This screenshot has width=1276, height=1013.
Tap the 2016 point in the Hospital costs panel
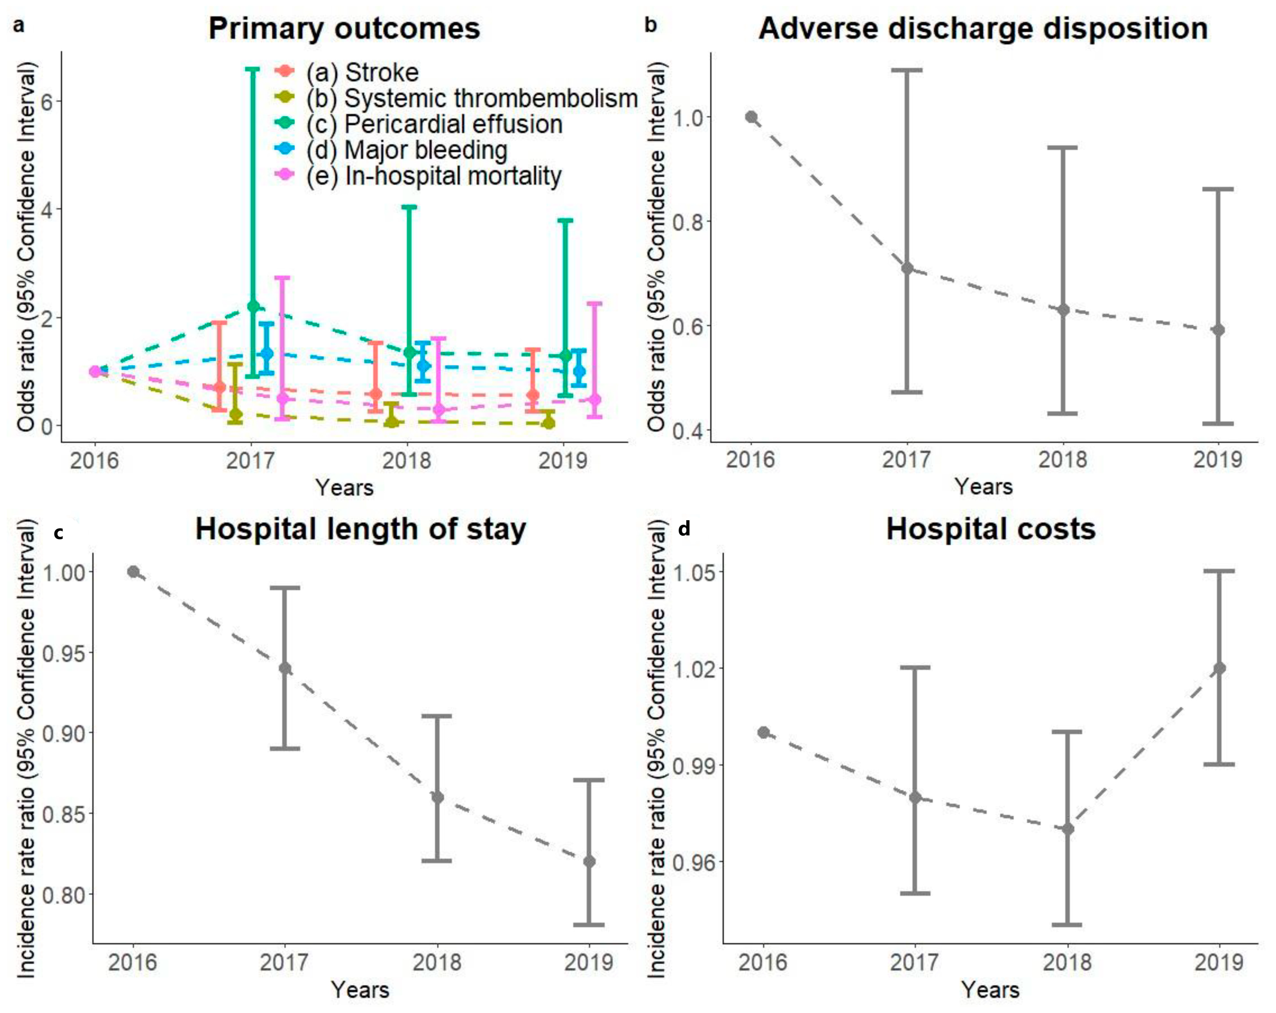tap(764, 732)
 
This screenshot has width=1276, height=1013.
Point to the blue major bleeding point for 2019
tap(579, 371)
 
